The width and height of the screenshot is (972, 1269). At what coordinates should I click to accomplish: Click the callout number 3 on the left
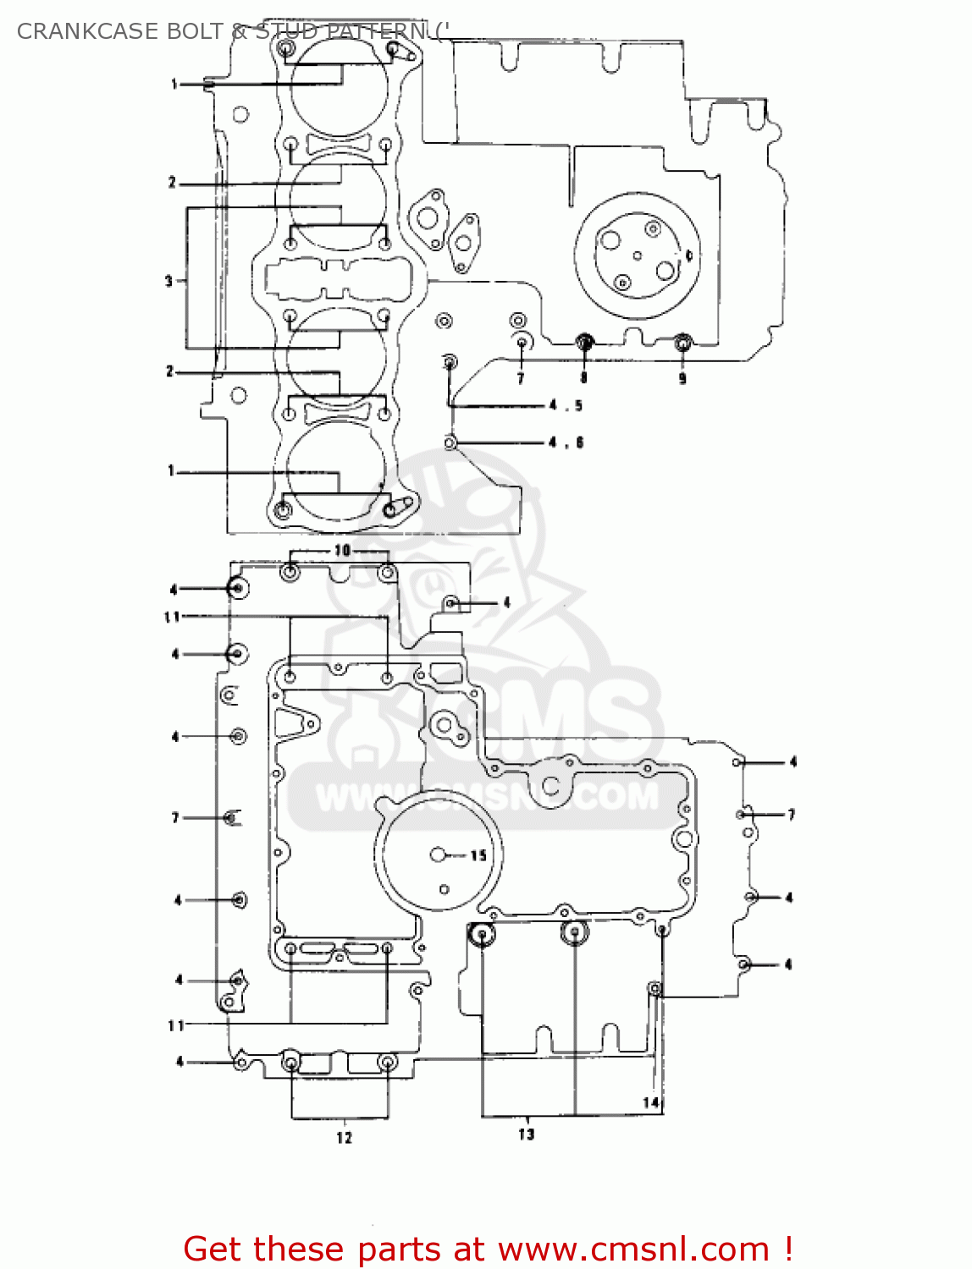tap(168, 281)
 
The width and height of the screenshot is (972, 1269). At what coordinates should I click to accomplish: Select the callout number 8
tap(583, 377)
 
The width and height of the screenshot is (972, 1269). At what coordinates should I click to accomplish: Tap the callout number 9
tap(682, 378)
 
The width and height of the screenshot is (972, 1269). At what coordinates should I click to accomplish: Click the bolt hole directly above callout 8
tap(583, 343)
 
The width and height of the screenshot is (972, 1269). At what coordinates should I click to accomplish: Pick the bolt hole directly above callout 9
tap(682, 343)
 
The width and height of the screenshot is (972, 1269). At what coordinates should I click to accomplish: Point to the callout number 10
tap(342, 550)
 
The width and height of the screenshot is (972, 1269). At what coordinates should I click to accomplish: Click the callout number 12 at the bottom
tap(344, 1138)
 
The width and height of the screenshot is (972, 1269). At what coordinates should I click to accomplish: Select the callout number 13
tap(527, 1134)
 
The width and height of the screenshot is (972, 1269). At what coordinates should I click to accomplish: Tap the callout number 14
tap(650, 1102)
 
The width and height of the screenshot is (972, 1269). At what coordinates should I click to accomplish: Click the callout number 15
tap(478, 855)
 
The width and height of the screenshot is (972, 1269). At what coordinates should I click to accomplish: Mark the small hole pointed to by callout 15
tap(438, 855)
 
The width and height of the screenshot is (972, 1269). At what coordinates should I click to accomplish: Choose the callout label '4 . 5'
tap(566, 405)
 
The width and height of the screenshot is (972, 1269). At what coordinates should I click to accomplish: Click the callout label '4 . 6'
tap(566, 442)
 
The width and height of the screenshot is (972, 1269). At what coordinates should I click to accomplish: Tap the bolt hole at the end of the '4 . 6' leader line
tap(451, 442)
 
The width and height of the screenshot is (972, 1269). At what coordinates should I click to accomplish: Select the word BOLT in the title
tap(196, 31)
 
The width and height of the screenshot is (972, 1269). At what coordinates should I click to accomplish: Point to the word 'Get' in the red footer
tap(213, 1249)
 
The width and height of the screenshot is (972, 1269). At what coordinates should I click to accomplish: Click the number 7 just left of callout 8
tap(521, 378)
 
